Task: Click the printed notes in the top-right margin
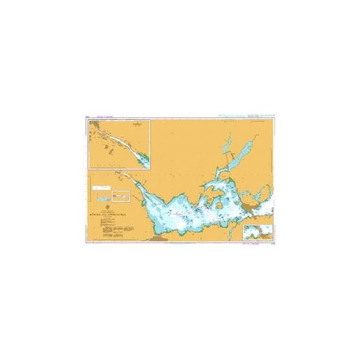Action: tap(250, 115)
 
